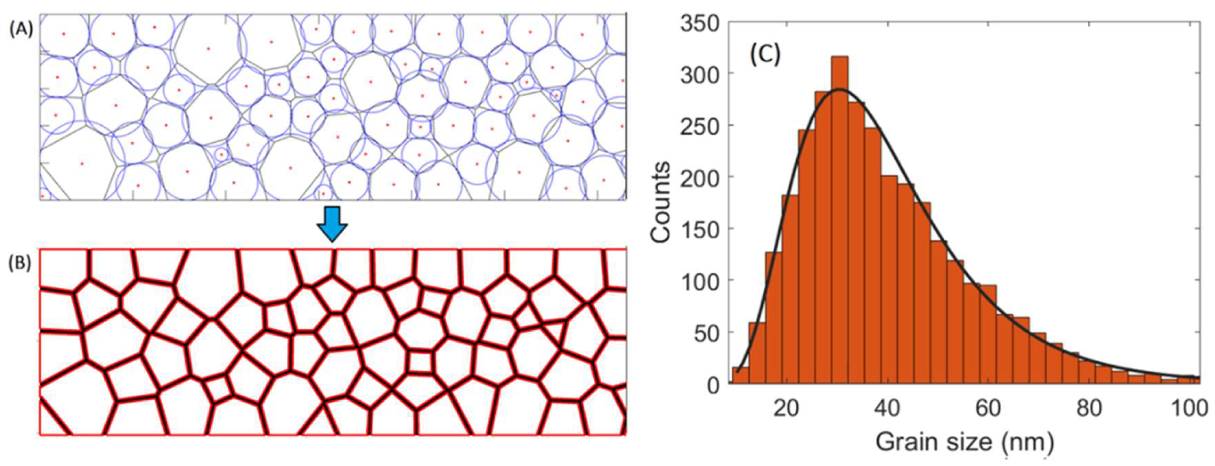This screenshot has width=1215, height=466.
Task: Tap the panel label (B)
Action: pos(21,264)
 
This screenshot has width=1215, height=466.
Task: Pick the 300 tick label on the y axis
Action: pos(700,74)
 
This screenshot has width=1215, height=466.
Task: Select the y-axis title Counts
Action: pos(660,203)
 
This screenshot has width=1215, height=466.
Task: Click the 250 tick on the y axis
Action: pos(700,126)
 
